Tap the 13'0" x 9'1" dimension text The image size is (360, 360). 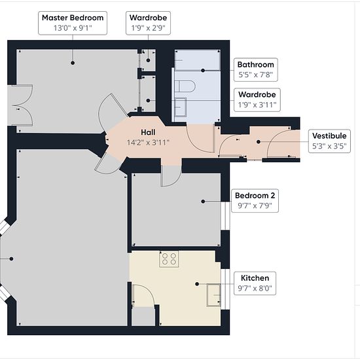tap(73, 28)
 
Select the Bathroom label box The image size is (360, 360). tap(255, 69)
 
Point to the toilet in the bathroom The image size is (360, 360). tap(185, 86)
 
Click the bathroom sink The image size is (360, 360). tap(181, 107)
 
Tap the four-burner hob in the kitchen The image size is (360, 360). tap(169, 259)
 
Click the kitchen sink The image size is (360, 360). tap(213, 295)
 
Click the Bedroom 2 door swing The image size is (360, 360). tap(171, 176)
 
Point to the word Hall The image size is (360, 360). tap(148, 132)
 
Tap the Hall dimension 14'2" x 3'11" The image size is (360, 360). tap(148, 143)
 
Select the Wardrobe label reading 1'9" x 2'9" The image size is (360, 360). tap(148, 23)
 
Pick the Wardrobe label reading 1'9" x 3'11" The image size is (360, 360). tap(257, 100)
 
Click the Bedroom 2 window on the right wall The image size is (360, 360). tap(225, 216)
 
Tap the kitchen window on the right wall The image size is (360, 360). tap(225, 289)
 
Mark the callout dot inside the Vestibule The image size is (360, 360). tap(259, 142)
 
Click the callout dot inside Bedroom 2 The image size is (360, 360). tap(203, 202)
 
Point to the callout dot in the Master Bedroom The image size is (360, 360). tap(73, 63)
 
